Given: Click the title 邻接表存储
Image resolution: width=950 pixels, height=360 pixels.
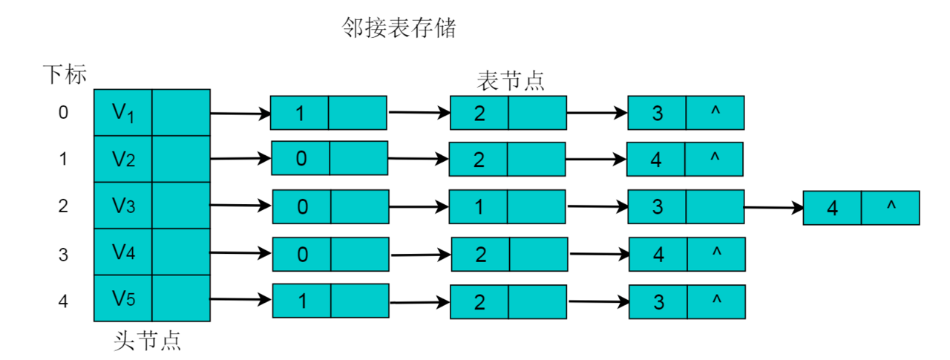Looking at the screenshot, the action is (399, 28).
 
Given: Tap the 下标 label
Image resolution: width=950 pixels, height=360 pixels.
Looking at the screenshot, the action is (65, 74).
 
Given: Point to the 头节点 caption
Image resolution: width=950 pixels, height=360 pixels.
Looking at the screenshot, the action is (147, 341).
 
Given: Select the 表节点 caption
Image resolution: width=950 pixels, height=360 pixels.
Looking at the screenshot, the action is (510, 81).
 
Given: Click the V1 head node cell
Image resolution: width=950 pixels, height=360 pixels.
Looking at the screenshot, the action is (123, 113).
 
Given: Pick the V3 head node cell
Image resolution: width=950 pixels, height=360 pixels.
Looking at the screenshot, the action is (123, 206).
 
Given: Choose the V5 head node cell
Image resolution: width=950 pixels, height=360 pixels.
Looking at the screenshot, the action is (123, 298).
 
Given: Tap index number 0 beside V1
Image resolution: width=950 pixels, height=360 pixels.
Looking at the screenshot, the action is (63, 112).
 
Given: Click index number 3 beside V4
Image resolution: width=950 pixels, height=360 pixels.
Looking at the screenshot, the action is (63, 255).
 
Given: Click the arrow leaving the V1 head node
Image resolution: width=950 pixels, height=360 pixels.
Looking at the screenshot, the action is (240, 114).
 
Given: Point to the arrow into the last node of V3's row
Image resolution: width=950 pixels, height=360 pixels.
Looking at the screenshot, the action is (774, 207).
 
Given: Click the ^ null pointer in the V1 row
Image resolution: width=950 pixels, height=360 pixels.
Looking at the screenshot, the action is (715, 113).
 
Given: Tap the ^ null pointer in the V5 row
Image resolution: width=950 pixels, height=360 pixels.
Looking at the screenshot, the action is (716, 302).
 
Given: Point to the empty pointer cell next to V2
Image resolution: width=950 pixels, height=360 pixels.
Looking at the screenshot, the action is (181, 159).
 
